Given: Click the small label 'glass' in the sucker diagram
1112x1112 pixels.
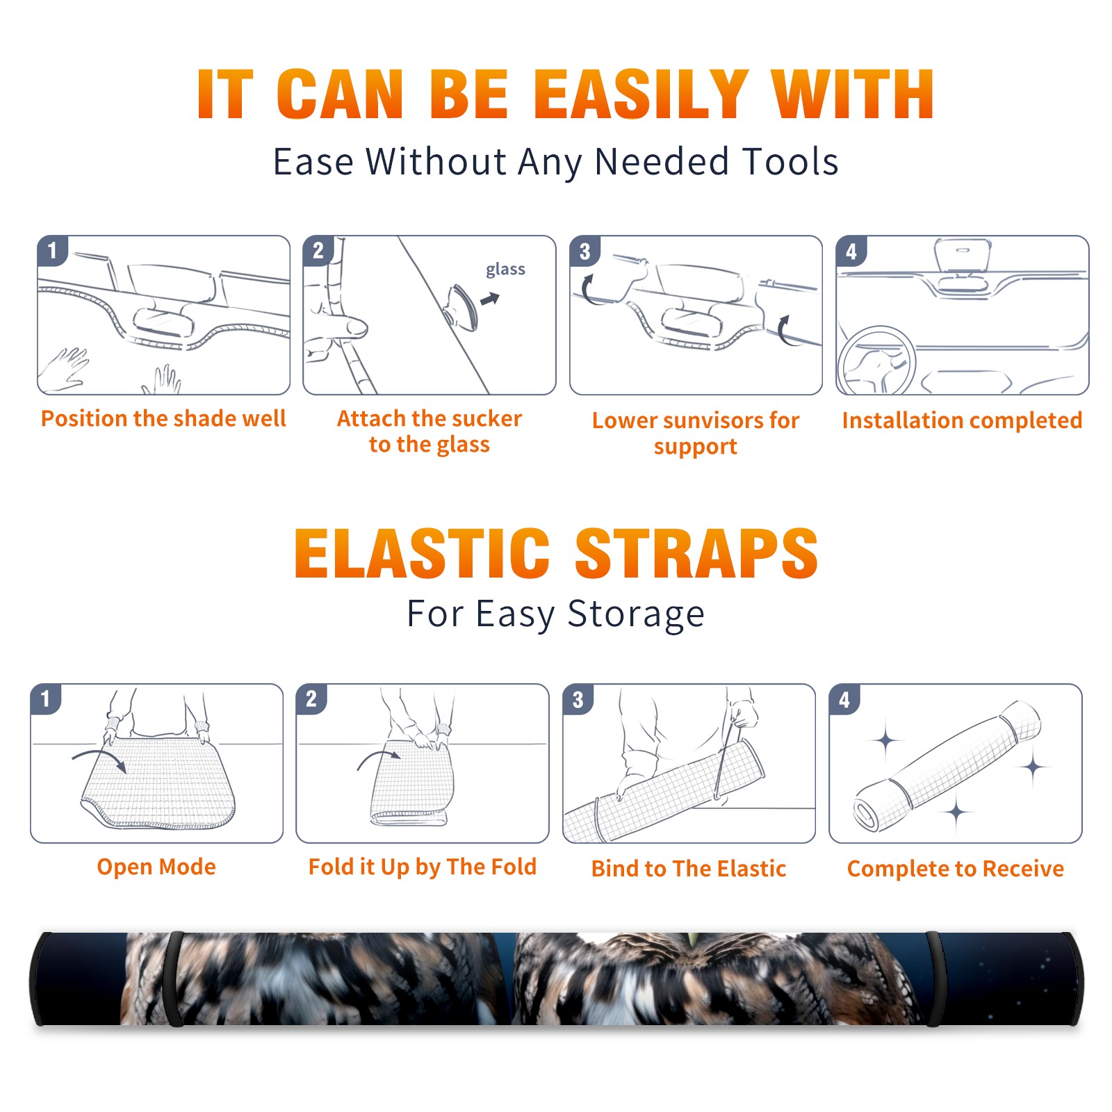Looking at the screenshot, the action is [505, 270].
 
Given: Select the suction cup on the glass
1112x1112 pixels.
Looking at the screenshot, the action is [462, 306].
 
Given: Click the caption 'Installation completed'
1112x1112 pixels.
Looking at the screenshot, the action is [962, 420].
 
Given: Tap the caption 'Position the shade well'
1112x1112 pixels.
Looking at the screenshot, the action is [163, 418].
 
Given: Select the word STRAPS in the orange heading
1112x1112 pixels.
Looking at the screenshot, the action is [696, 553].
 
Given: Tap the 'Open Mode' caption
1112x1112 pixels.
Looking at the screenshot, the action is [156, 867].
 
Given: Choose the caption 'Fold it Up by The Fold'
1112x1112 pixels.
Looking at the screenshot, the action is [423, 867].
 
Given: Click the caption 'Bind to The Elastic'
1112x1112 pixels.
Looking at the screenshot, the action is [689, 869].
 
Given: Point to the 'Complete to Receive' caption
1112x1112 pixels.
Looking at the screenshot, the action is [956, 869].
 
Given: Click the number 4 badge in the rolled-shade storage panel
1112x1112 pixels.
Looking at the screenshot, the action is [844, 699].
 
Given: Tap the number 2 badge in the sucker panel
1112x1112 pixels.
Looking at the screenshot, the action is [318, 251].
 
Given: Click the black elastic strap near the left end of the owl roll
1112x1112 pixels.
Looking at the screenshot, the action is [175, 979].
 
